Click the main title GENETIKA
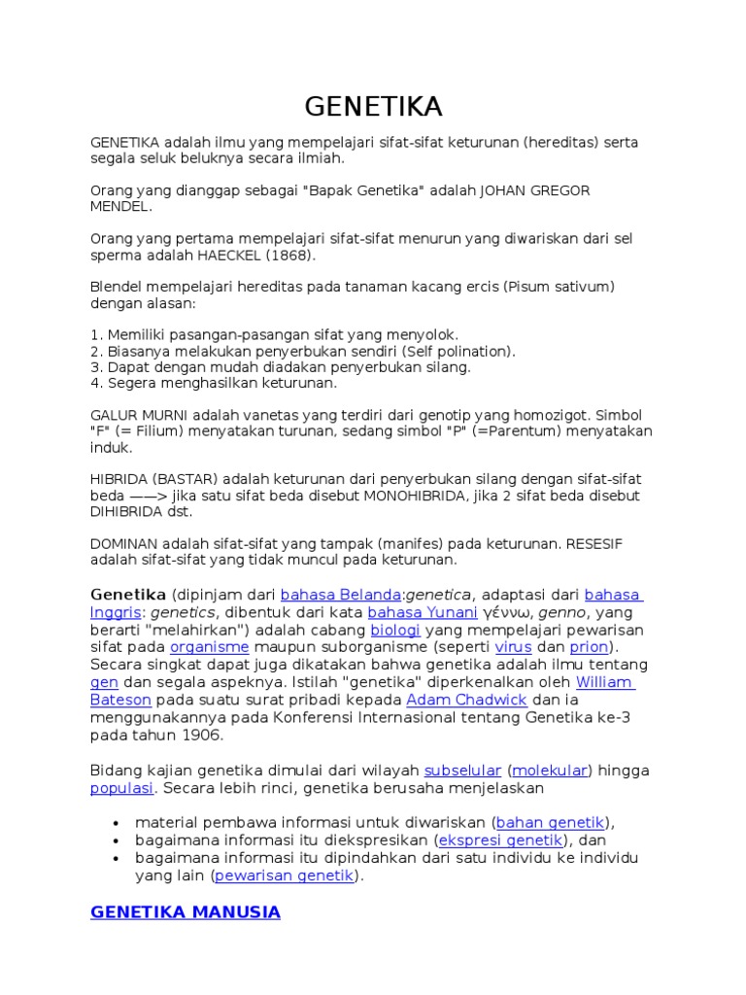(373, 105)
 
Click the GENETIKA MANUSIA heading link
(186, 912)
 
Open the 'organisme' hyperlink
(210, 647)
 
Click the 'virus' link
(513, 647)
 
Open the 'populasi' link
(122, 788)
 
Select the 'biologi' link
(389, 630)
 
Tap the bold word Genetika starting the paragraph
(128, 595)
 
